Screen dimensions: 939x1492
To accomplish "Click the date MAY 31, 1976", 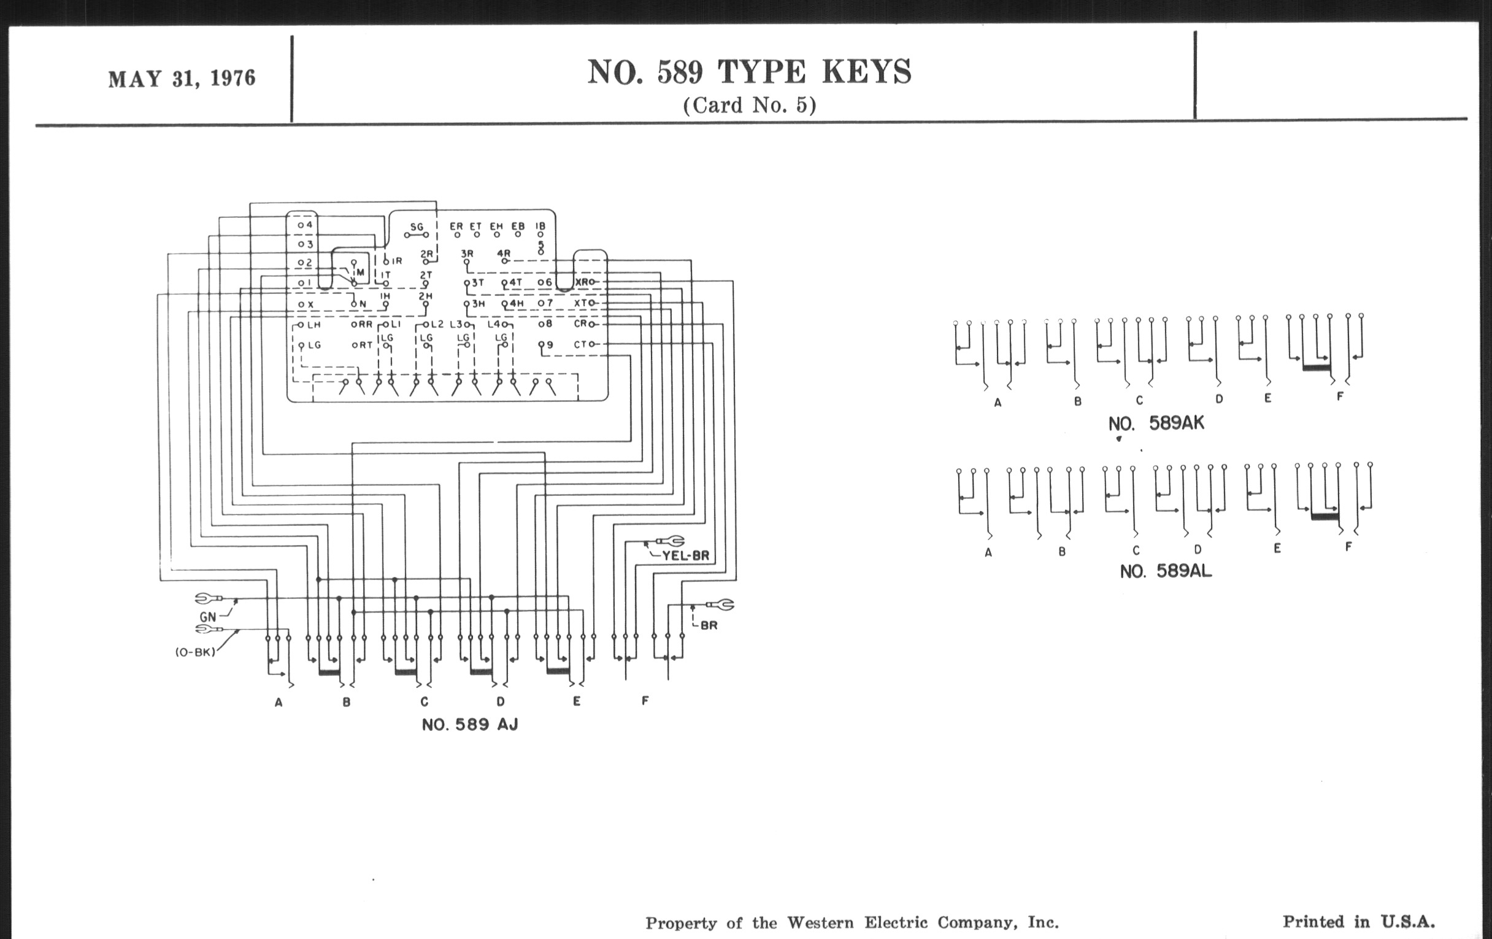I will pos(182,79).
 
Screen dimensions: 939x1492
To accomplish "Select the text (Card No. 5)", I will pos(749,106).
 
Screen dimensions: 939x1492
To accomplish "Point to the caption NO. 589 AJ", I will pos(470,725).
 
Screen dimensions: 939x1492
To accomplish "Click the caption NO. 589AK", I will pos(1156,423).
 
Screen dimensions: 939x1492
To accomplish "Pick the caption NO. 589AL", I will pos(1166,571).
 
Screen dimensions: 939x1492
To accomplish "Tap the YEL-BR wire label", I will pos(685,556).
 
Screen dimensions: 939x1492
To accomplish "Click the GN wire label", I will pos(207,617).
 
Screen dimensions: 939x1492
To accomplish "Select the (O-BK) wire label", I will pos(194,652).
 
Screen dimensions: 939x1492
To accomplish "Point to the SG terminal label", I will pos(417,227).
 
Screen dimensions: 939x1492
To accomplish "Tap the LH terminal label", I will pos(314,324).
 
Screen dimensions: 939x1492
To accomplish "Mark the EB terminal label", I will pos(517,226).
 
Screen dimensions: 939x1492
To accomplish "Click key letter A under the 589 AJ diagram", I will pos(279,702).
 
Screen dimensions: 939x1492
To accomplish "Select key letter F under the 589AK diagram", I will pos(1340,396).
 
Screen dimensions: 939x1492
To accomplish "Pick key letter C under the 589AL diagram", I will pos(1136,550).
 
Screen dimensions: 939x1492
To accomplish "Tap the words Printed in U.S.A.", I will pos(1358,922).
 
